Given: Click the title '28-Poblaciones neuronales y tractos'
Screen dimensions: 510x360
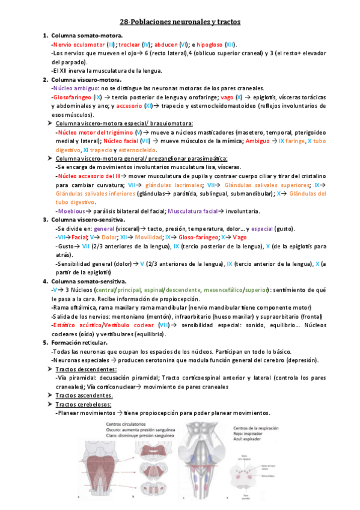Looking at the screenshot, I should click(x=180, y=22).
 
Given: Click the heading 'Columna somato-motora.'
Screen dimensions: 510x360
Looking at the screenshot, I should click(x=87, y=36).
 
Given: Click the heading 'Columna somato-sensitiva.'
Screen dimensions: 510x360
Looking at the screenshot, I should click(x=88, y=281).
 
